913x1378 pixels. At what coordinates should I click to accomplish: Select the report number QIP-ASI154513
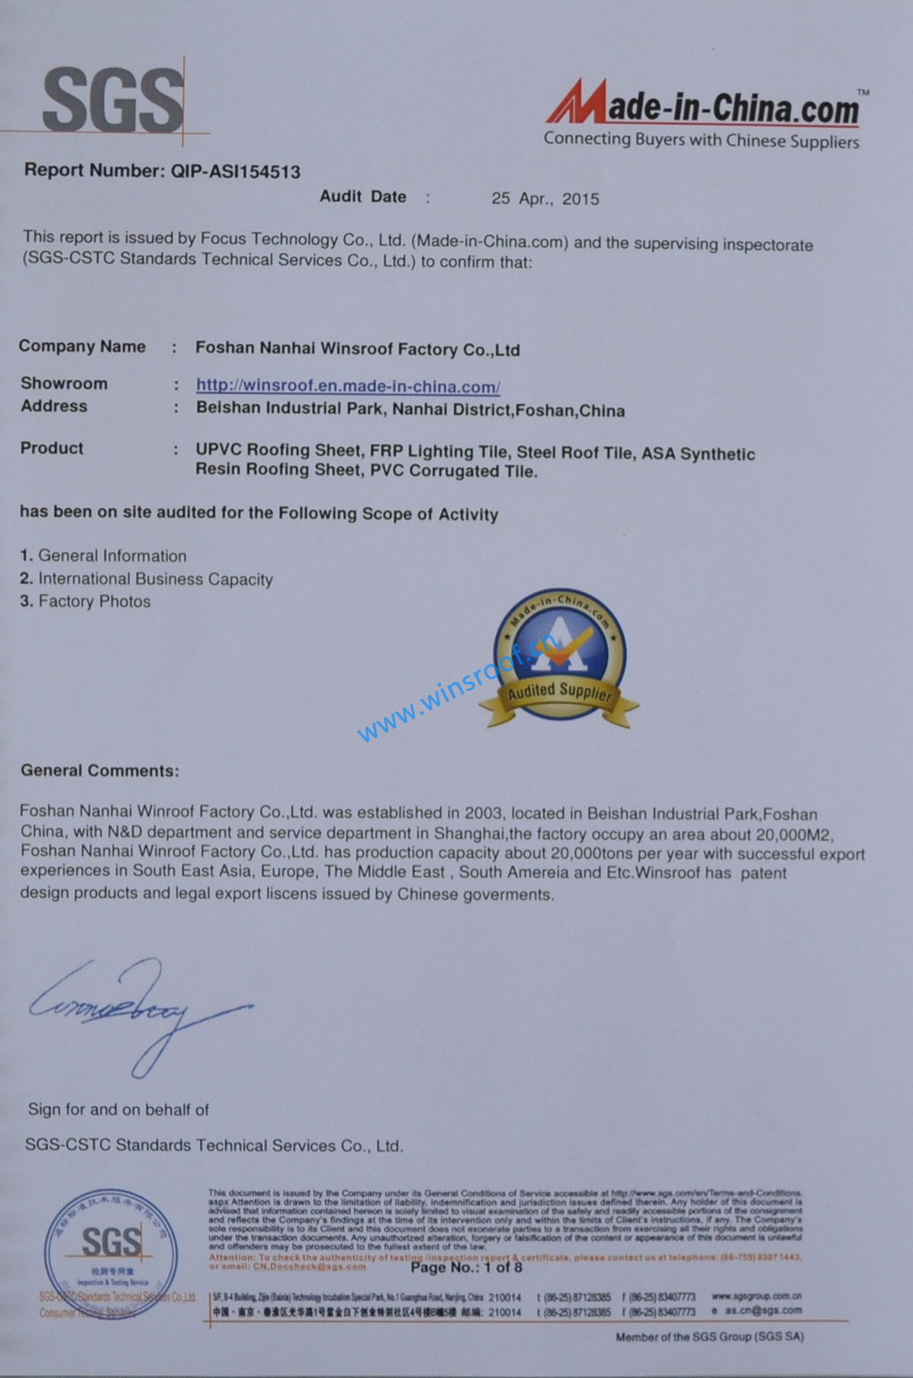[x=235, y=172]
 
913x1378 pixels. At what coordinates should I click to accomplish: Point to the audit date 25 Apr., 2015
[x=545, y=199]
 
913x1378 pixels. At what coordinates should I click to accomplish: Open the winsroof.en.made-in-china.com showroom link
[x=348, y=386]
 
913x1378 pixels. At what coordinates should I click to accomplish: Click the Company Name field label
[x=82, y=346]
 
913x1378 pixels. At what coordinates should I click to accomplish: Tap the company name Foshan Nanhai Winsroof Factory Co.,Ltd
[x=358, y=349]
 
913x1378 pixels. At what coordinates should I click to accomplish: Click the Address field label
[x=54, y=406]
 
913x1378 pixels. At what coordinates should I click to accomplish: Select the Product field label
[x=52, y=448]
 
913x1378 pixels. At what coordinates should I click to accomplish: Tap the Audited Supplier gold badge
[x=560, y=658]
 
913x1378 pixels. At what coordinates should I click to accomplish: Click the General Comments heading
[x=100, y=771]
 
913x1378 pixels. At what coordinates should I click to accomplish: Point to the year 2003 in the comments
[x=483, y=813]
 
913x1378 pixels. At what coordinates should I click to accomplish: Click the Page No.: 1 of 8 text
[x=466, y=1268]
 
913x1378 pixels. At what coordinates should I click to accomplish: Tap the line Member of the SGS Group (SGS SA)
[x=709, y=1336]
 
